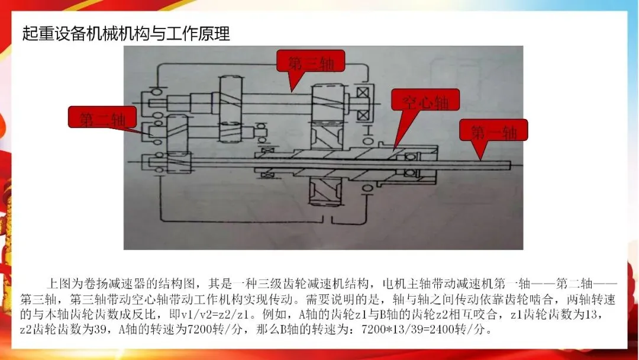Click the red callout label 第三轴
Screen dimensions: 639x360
point(312,62)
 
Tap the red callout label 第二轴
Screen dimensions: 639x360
point(102,119)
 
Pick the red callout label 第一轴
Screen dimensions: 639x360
point(493,131)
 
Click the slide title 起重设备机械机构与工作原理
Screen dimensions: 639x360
point(126,33)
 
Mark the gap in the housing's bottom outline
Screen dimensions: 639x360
point(329,220)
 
